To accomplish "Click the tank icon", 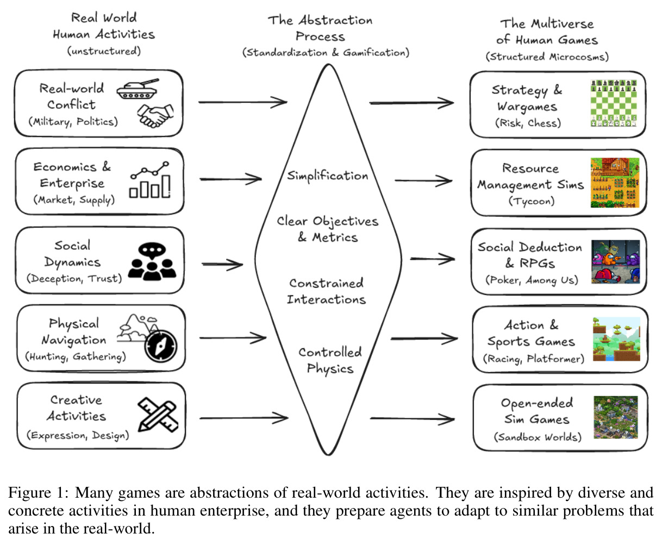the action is (x=138, y=89).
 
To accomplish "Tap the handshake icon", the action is (x=155, y=116).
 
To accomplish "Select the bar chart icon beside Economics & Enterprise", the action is (x=150, y=180).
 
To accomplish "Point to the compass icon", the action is (x=161, y=346).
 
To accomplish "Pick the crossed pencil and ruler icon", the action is (x=158, y=415).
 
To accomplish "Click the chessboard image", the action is (x=614, y=103).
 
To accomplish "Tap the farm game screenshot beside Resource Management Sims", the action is (x=615, y=183).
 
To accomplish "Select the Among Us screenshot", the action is (x=615, y=261).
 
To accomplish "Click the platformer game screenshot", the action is (x=616, y=339).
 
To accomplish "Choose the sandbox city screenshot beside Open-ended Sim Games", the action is (x=616, y=417).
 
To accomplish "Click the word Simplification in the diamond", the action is (x=328, y=176).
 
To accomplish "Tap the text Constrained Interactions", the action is (x=326, y=291).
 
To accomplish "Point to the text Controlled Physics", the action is (x=330, y=361).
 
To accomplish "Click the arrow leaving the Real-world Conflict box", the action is (x=243, y=102).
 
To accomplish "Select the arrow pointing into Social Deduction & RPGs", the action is (x=433, y=259).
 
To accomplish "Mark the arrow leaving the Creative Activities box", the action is (x=244, y=418).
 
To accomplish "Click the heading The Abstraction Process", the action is (x=320, y=28).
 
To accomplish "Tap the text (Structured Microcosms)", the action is (x=547, y=57).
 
